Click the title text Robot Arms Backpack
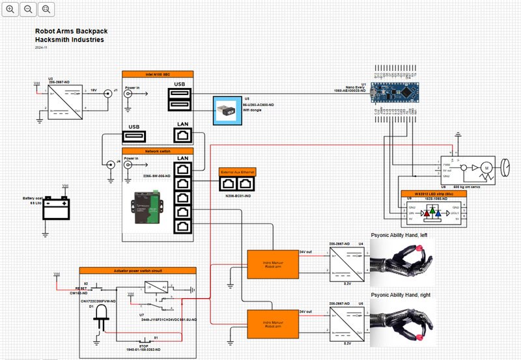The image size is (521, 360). pos(71,31)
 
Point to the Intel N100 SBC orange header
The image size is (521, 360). pos(158,74)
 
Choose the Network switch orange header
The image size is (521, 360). pos(158,150)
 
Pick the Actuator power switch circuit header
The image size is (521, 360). pos(138,271)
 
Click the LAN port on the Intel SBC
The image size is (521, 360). pos(183,135)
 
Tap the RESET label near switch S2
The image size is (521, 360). pos(81,286)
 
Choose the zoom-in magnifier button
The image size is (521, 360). pos(10,9)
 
